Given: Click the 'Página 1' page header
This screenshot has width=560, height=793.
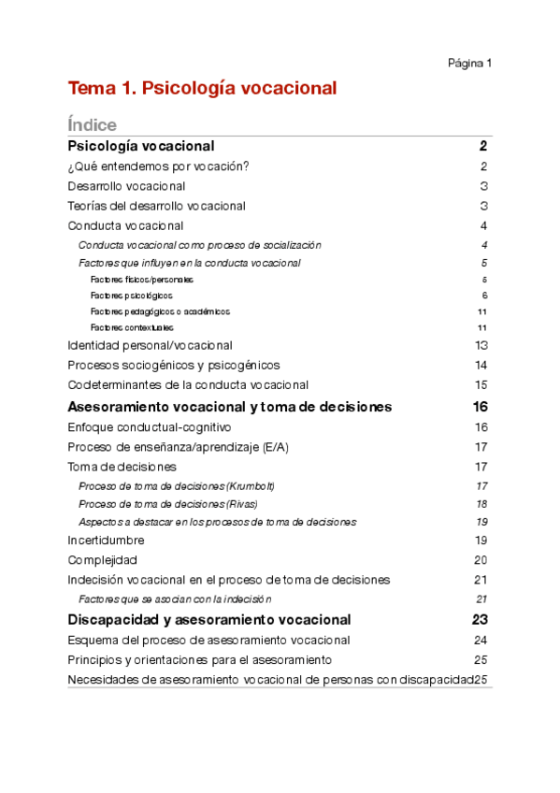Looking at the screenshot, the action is pos(469,64).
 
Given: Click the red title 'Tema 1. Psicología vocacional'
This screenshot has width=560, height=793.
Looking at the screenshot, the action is pos(201,89).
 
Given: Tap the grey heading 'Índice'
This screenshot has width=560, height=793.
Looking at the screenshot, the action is pos(92,124).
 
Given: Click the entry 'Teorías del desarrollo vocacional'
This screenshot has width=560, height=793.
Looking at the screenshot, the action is pos(156,206).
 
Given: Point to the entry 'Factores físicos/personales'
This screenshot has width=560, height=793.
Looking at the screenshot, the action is pos(142,280).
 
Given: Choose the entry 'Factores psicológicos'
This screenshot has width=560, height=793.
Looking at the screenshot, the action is pos(131,296).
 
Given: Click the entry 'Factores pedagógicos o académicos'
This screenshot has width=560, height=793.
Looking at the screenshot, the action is pos(160,311).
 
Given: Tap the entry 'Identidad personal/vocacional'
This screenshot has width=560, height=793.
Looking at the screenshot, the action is pos(150,345).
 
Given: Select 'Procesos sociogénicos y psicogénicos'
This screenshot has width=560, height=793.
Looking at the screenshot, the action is pos(174,365).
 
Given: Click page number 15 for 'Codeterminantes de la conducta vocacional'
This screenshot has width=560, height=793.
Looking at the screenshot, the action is pos(481,384).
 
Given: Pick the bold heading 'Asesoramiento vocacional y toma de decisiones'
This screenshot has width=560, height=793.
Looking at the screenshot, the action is pos(230,407).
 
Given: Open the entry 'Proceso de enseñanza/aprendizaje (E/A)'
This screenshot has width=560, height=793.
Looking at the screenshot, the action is pos(178,447).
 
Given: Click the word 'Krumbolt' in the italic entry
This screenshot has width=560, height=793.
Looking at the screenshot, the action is pos(252,486).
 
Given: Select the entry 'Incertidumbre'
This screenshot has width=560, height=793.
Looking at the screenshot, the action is pos(106,541).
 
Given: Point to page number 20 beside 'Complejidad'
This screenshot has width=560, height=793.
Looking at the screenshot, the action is pos(481,560).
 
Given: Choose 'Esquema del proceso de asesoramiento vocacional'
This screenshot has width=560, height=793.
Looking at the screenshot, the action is pos(209,641).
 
